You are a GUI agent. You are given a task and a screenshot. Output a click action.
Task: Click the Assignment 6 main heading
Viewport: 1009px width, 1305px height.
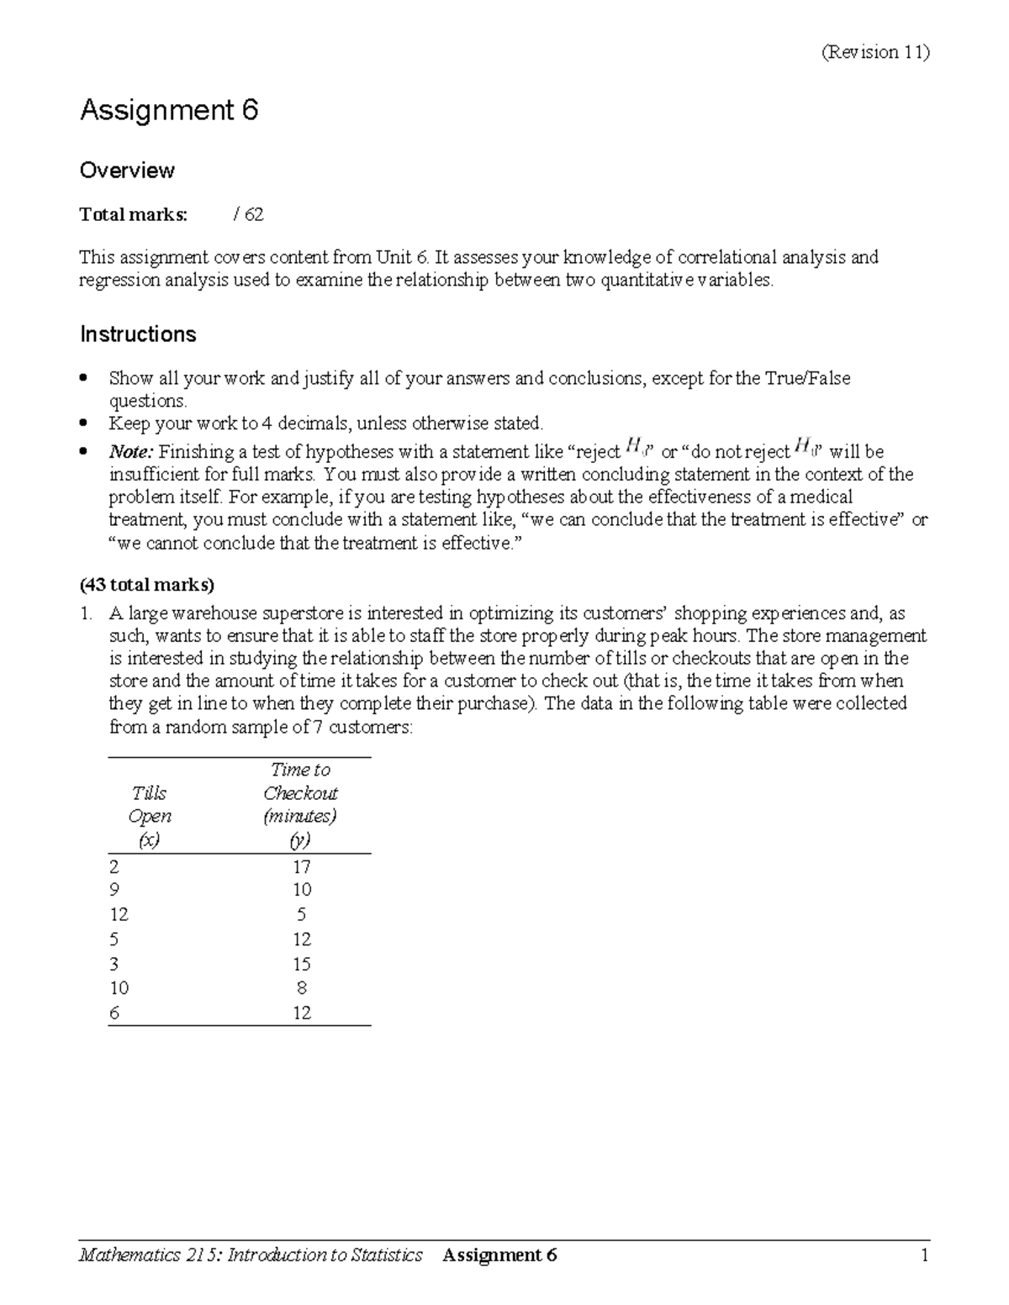point(168,110)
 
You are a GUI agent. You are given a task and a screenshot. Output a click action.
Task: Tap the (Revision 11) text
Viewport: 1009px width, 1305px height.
point(875,52)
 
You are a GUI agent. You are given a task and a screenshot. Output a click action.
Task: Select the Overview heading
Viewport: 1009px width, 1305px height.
point(127,171)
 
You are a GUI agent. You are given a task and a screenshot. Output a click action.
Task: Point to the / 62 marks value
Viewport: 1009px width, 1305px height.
point(248,215)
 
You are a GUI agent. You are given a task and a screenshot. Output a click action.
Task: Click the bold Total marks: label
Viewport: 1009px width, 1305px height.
point(134,215)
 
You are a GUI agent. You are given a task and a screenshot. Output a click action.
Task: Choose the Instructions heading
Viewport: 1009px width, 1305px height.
point(138,334)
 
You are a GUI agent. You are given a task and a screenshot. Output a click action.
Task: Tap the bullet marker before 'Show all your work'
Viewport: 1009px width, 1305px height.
point(83,379)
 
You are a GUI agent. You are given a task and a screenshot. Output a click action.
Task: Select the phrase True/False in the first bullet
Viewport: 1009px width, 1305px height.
point(806,379)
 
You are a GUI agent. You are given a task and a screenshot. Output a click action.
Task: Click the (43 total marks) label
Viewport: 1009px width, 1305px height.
point(147,584)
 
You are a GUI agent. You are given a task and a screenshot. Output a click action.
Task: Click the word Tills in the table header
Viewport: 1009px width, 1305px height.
point(149,793)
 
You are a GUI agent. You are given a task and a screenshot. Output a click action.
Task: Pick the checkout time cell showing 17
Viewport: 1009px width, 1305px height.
point(301,867)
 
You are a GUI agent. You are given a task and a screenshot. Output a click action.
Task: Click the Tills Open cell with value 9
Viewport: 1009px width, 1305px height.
point(114,890)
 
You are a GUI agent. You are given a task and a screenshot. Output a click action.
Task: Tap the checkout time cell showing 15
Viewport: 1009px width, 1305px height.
point(301,964)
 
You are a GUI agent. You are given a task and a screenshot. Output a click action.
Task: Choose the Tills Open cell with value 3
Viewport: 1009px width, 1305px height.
point(114,964)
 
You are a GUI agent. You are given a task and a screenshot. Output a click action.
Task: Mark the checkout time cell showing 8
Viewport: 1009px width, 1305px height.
point(302,988)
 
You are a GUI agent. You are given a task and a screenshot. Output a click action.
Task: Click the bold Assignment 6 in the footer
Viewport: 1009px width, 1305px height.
point(499,1255)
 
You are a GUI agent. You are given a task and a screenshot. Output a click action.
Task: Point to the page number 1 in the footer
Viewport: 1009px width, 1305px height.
point(923,1255)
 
